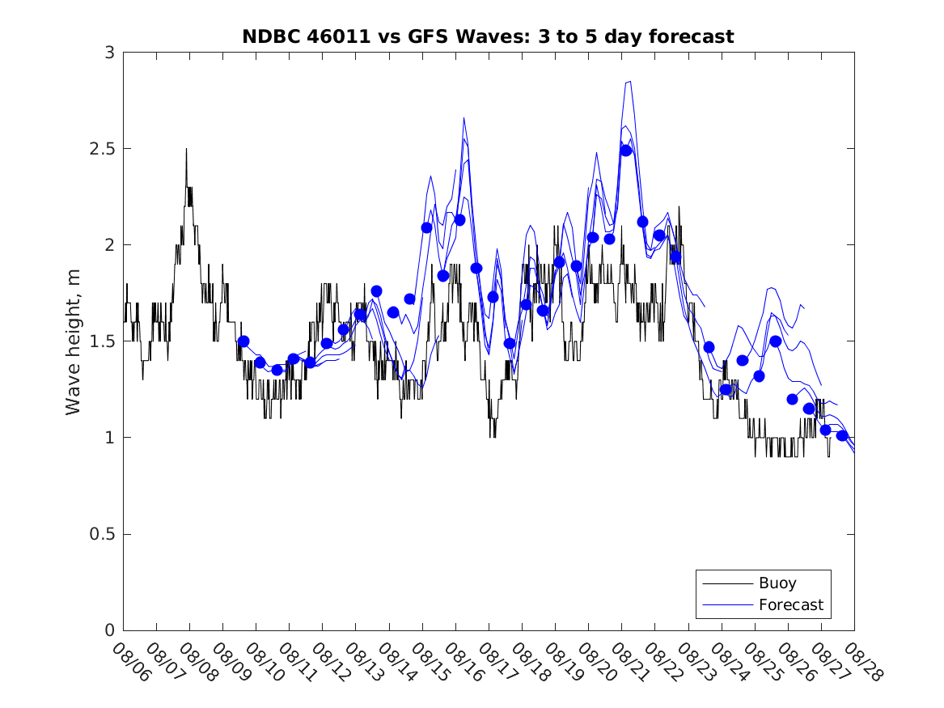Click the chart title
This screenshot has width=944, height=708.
pos(488,36)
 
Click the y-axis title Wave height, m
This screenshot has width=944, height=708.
pos(74,341)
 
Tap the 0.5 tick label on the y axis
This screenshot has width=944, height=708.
pos(104,534)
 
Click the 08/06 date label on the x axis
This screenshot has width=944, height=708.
pos(131,662)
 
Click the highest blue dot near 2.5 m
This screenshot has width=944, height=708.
pos(626,150)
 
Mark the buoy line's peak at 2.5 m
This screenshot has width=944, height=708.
pos(186,150)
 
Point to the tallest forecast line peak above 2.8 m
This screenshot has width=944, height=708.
pos(629,82)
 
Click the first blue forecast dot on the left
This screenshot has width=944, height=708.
pos(243,341)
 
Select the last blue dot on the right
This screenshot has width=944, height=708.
pos(842,435)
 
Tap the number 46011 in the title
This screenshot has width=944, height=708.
pos(324,36)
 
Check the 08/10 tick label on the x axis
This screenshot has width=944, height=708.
pos(264,662)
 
